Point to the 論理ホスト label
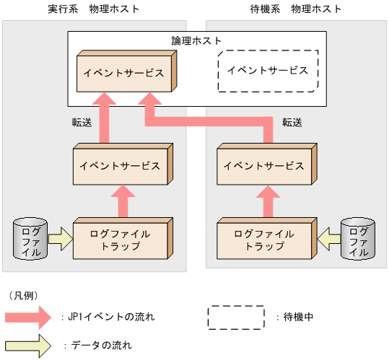click(x=196, y=40)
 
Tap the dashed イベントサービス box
click(x=267, y=70)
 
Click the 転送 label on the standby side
click(x=292, y=122)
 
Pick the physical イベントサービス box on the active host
click(x=121, y=166)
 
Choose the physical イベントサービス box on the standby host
click(x=264, y=166)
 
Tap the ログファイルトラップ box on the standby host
click(x=264, y=240)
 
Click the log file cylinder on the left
click(x=31, y=238)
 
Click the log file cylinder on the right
click(x=356, y=238)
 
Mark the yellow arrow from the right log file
click(x=328, y=237)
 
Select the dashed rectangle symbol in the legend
click(x=236, y=316)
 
